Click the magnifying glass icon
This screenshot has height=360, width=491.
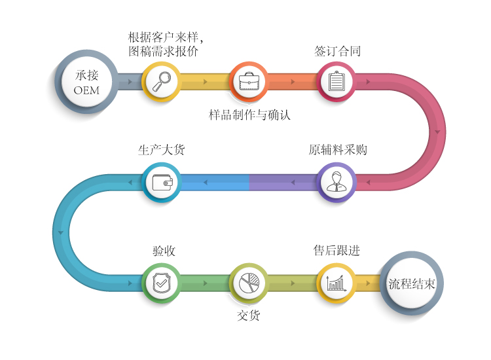162,81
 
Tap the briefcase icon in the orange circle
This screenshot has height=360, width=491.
249,81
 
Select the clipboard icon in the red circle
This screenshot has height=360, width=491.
336,81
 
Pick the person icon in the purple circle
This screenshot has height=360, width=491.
336,181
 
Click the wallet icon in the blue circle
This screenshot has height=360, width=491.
162,182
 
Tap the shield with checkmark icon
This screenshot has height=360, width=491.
162,282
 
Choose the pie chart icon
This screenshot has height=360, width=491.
249,283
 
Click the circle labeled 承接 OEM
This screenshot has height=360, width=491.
86,82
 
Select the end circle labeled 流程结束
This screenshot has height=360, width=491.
412,283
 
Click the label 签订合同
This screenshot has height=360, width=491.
337,51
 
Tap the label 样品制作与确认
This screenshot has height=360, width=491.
249,115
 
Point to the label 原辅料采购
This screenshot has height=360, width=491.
338,150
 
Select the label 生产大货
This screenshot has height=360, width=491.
162,150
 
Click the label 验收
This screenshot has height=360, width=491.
164,251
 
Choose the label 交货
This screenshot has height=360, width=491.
249,315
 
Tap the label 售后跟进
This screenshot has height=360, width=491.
336,251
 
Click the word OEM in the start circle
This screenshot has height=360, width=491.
86,90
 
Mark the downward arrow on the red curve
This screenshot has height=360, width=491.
437,132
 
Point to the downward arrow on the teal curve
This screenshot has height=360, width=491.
61,232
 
